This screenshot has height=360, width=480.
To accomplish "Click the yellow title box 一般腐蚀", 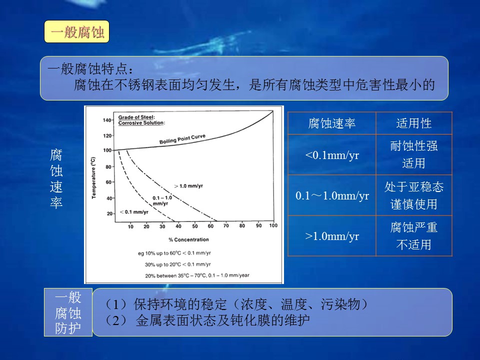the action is (x=76, y=31).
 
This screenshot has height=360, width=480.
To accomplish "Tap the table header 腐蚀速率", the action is (x=332, y=123).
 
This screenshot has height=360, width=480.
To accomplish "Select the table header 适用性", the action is (x=414, y=123).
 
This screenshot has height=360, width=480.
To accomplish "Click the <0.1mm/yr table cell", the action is (x=332, y=155).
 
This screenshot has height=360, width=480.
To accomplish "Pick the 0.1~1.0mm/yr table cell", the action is (x=332, y=195).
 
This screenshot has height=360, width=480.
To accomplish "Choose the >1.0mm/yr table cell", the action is (x=332, y=236).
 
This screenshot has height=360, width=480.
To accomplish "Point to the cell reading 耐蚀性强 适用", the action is (x=414, y=155).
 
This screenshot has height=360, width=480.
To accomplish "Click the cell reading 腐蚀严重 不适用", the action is (x=414, y=236).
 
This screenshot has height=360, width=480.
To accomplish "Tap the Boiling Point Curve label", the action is (x=182, y=139).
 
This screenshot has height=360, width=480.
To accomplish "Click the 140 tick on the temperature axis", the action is (x=107, y=120).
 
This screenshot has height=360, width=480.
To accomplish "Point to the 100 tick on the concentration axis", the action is (x=273, y=225).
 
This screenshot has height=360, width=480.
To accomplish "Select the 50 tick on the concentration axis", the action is (x=194, y=226).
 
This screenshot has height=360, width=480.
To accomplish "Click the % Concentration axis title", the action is (x=188, y=239).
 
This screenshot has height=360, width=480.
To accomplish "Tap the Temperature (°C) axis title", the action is (x=93, y=178).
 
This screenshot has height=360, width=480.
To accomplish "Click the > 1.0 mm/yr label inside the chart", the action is (x=188, y=186).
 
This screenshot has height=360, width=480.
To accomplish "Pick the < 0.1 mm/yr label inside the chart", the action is (x=134, y=212).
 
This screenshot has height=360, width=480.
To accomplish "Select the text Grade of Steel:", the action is (x=136, y=117).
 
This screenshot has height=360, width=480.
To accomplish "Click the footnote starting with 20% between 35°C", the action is (x=197, y=275).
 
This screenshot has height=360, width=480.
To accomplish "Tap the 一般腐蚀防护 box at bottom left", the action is (x=68, y=312).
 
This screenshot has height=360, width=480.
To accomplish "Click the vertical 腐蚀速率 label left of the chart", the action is (x=56, y=178).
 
